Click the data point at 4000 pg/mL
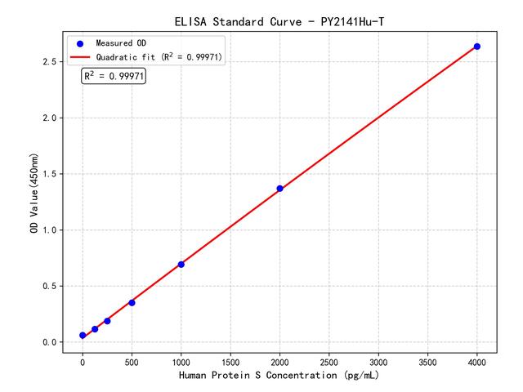point(477,47)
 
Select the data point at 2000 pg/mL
point(279,189)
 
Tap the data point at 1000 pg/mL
point(181,264)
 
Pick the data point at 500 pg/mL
point(132,302)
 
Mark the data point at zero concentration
point(83,336)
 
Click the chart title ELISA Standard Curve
point(279,21)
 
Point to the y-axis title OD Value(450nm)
point(34,193)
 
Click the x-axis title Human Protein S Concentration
point(279,376)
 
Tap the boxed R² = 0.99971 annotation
point(114,76)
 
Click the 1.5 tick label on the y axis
point(51,174)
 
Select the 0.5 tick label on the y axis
point(51,286)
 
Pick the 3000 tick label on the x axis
point(378,360)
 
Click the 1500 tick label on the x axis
point(230,360)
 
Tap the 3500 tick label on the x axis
point(427,360)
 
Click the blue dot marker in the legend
point(80,42)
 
